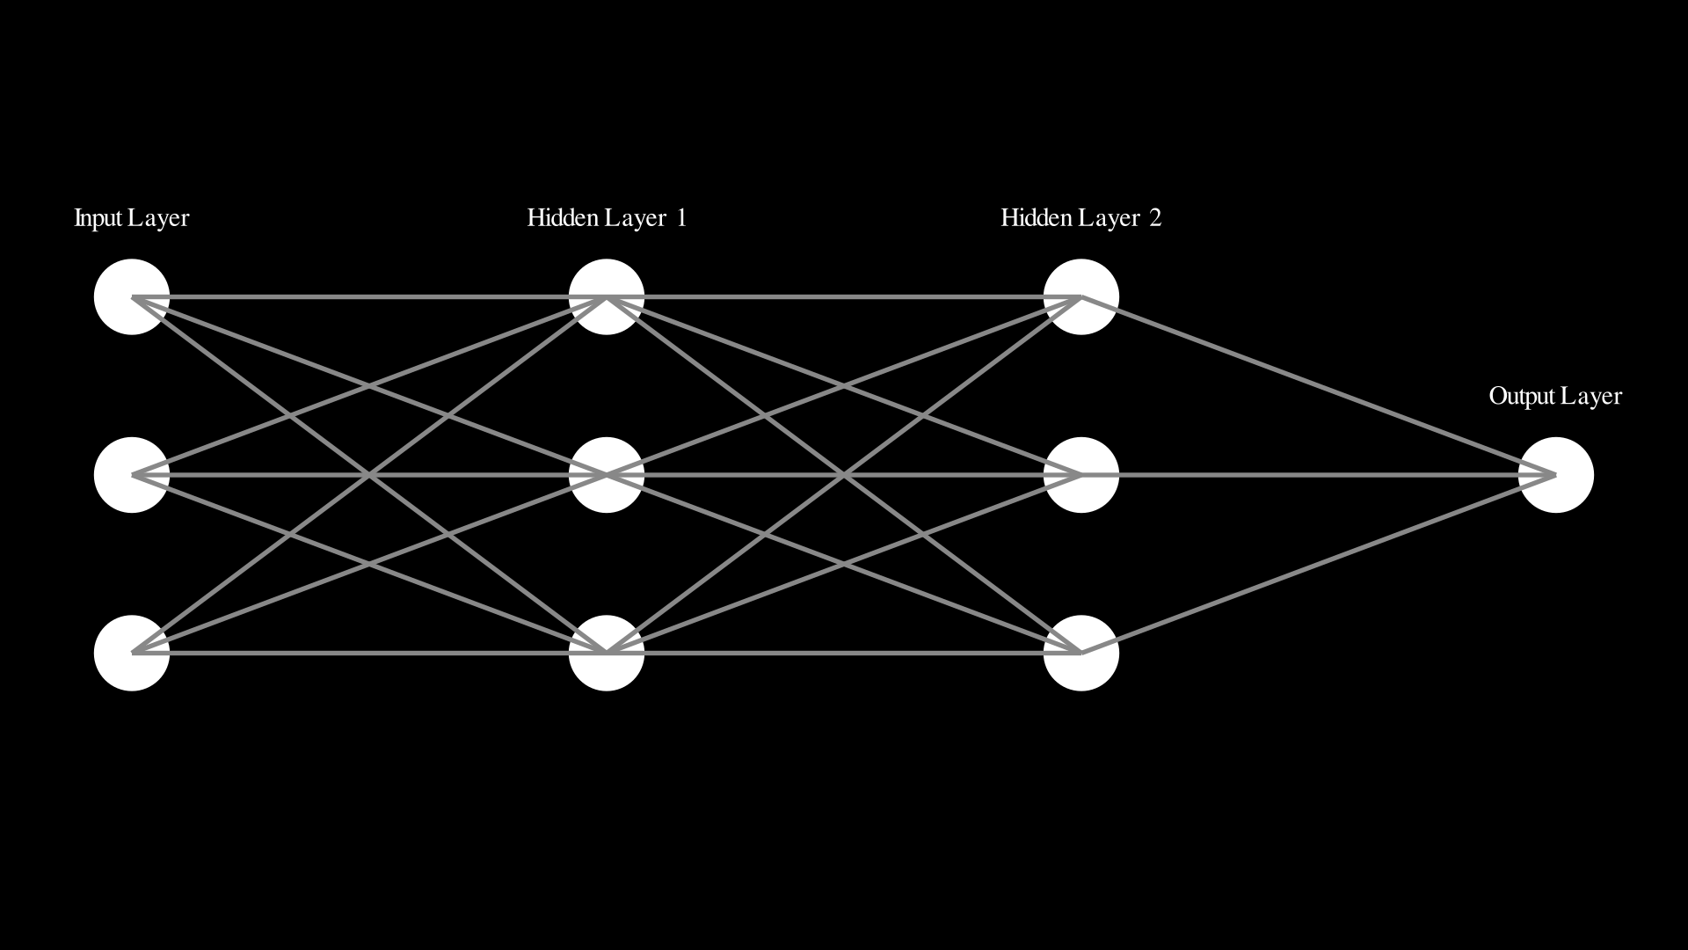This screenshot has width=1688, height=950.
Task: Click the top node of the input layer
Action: coord(132,297)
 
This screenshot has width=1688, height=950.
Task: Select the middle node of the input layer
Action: coord(132,475)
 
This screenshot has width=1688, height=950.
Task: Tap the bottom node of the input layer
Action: coord(132,653)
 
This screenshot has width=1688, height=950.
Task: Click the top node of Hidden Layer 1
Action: coord(607,297)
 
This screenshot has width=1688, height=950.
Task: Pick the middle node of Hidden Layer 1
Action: coord(607,475)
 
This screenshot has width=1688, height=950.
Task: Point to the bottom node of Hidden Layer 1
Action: coord(607,653)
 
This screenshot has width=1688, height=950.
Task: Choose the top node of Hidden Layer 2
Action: coord(1081,297)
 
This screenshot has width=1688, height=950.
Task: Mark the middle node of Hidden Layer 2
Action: coord(1081,475)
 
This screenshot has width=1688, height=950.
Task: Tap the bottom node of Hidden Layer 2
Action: coord(1081,653)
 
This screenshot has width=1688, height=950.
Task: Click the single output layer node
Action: coord(1556,475)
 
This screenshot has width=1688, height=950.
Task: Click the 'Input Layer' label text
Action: coord(132,218)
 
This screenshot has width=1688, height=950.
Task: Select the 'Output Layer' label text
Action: coord(1555,397)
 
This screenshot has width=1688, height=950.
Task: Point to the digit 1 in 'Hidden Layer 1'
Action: coord(681,218)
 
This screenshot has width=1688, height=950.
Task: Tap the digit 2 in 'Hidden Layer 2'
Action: coord(1155,218)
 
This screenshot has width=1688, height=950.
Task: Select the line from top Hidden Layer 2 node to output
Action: coord(1319,386)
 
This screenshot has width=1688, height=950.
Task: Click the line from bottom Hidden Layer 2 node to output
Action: coord(1319,564)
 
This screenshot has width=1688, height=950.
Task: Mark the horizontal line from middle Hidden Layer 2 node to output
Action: coord(1319,475)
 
